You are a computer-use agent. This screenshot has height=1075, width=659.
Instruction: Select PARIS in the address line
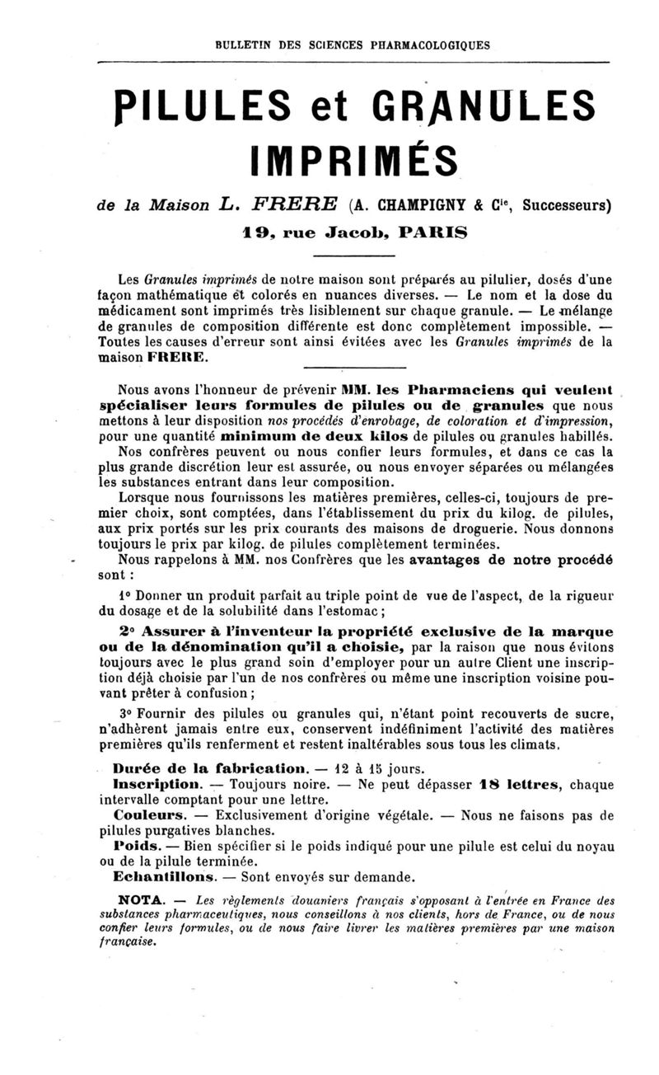(x=432, y=232)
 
